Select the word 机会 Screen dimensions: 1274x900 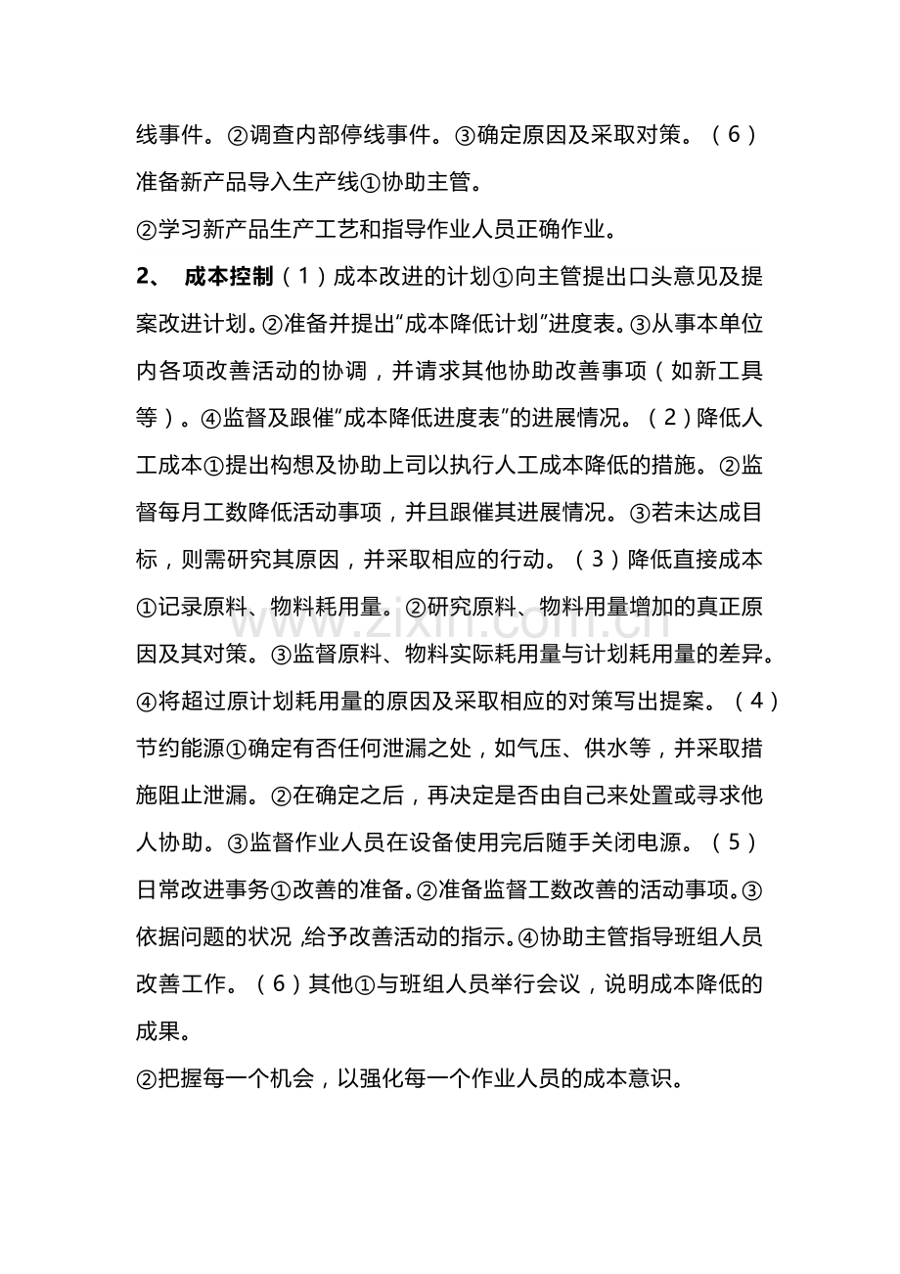coord(290,1078)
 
